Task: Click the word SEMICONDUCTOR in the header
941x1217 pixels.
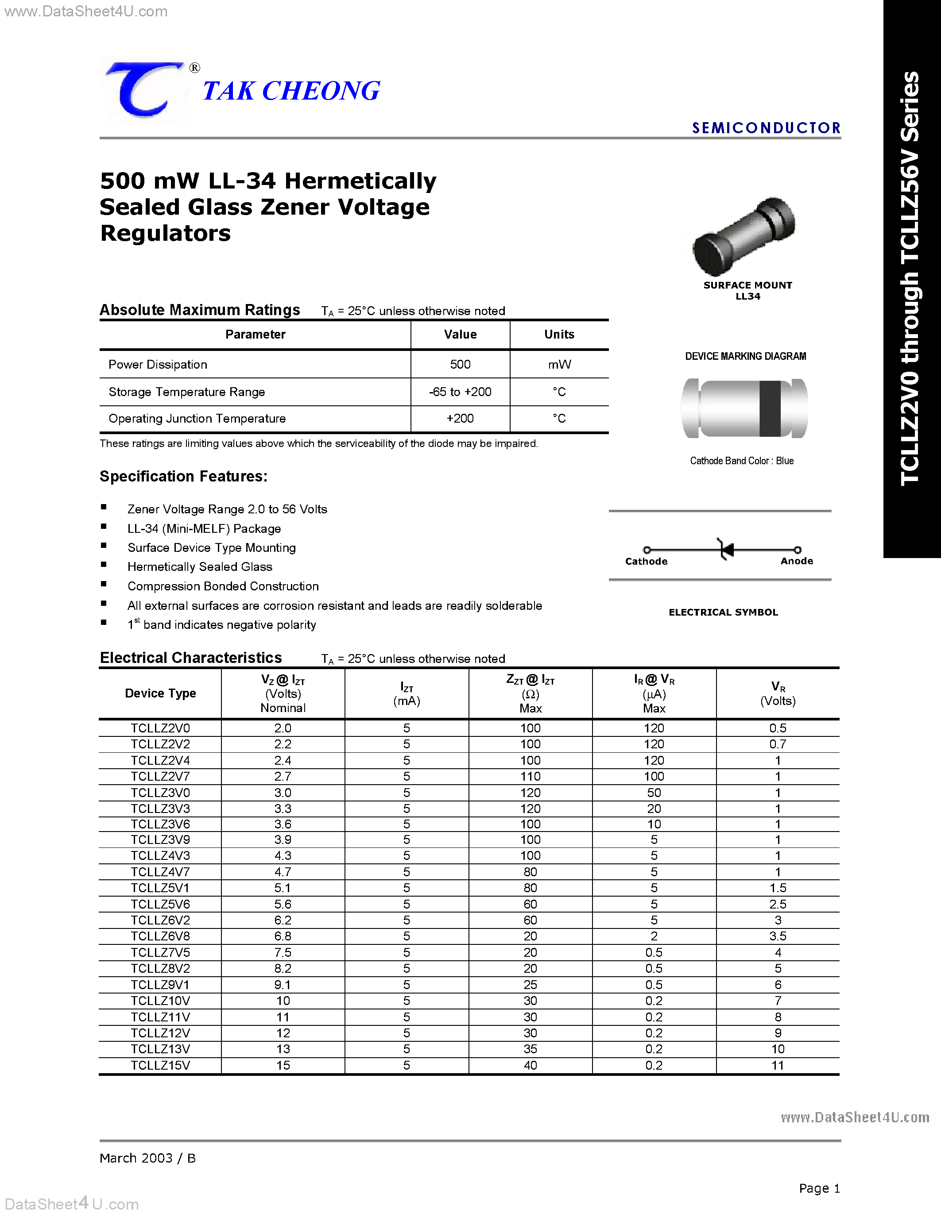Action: [766, 128]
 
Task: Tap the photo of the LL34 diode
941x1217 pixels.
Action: [744, 236]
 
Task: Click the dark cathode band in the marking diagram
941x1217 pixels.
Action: [770, 408]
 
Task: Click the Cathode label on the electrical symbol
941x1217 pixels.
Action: [646, 561]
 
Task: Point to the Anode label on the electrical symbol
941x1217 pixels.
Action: [796, 561]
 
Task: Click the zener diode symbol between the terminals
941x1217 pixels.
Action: [726, 550]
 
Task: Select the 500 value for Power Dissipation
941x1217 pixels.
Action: [460, 364]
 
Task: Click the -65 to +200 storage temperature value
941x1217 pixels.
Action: [460, 392]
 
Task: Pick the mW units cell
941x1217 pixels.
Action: [559, 364]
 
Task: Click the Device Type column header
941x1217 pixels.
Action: [161, 693]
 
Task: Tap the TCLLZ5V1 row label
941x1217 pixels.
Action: [161, 888]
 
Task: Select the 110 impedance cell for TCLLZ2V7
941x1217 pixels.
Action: [530, 776]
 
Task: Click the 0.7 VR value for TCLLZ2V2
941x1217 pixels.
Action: [777, 744]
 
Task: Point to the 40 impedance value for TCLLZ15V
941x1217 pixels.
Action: [530, 1065]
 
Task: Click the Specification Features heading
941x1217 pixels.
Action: [183, 477]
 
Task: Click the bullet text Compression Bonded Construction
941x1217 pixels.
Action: [223, 586]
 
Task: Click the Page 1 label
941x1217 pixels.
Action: [819, 1188]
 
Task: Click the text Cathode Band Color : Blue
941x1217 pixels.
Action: [741, 461]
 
